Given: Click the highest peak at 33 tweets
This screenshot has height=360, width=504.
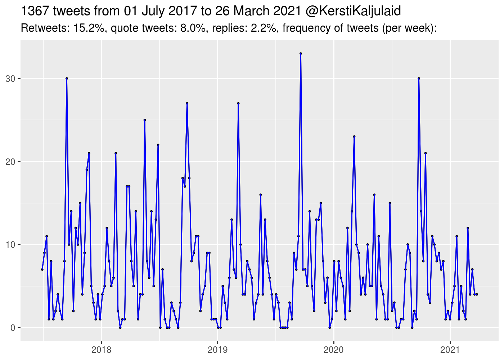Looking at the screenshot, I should (301, 53).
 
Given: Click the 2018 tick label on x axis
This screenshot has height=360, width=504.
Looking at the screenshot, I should (101, 350).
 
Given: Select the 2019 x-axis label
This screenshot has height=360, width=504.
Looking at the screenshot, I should (217, 350).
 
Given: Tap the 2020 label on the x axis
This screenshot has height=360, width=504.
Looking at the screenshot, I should (334, 350).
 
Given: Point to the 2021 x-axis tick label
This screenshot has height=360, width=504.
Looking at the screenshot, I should (450, 350).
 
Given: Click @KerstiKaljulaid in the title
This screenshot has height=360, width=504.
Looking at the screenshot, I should (353, 12).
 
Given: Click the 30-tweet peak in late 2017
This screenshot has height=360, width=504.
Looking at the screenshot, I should (67, 78).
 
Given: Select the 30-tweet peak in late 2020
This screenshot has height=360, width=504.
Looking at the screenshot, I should (419, 78).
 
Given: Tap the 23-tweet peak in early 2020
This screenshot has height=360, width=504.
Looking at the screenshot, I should (354, 136).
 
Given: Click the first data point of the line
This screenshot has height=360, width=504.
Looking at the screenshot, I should (42, 269).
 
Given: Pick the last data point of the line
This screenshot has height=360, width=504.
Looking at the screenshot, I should (477, 294).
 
